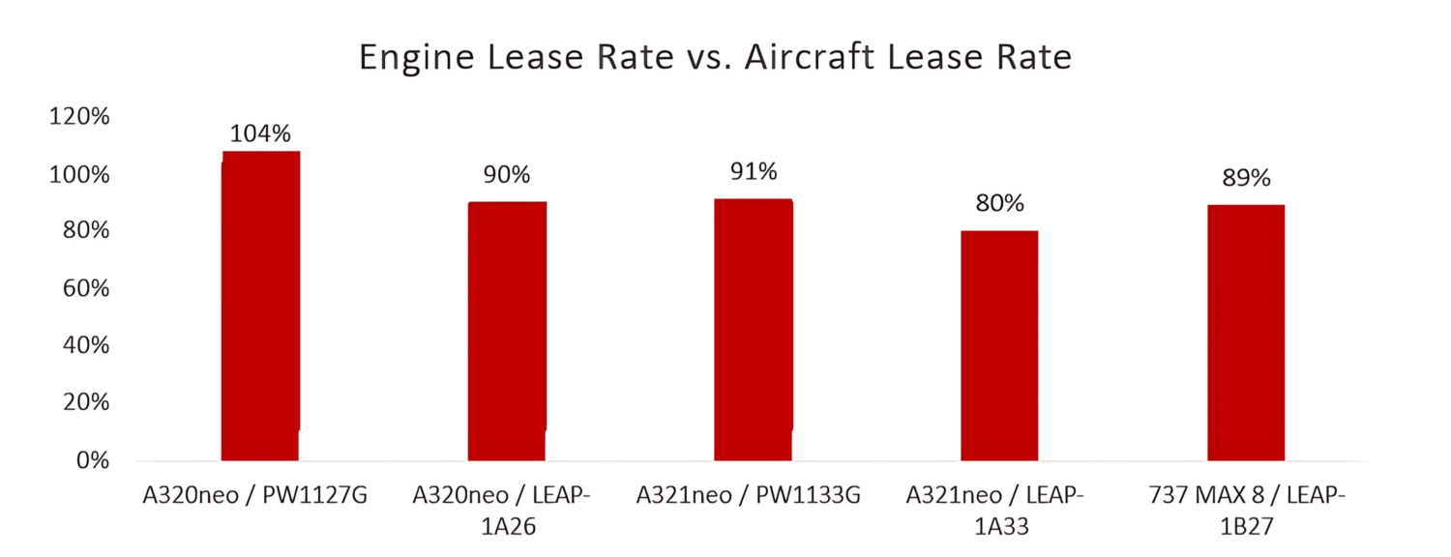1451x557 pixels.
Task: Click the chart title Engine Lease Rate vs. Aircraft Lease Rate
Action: pos(715,57)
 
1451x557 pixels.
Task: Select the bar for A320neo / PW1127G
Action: pos(260,305)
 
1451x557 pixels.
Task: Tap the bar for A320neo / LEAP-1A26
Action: pos(507,330)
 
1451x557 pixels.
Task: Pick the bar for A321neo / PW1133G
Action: pos(754,329)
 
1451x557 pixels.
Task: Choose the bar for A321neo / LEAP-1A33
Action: pos(999,344)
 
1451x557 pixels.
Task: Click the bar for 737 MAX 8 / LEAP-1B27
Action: pos(1246,332)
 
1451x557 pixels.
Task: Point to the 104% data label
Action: pos(260,133)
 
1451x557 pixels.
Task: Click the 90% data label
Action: pos(507,175)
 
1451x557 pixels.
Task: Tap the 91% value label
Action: pos(754,172)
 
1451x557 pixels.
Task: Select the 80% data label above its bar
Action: pos(999,204)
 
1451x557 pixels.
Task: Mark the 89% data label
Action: pos(1246,179)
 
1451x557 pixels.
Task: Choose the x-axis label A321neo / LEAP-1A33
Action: pos(996,510)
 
